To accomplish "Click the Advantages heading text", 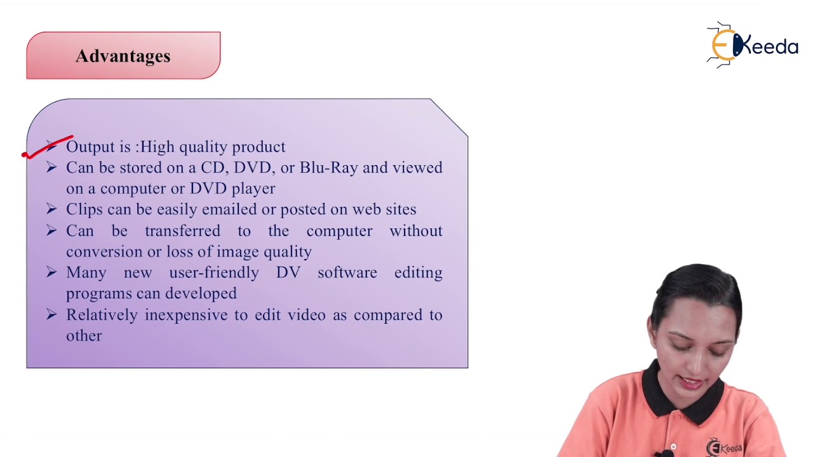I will [x=123, y=56].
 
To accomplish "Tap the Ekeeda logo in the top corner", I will [x=753, y=45].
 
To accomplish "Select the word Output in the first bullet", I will [x=90, y=147].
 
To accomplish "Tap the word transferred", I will [x=182, y=231].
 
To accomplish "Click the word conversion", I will [x=104, y=252].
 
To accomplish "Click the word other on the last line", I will [x=84, y=336].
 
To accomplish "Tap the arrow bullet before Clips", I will [x=51, y=209].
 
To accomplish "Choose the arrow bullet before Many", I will [x=51, y=272].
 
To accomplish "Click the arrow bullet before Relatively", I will [x=51, y=314].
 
